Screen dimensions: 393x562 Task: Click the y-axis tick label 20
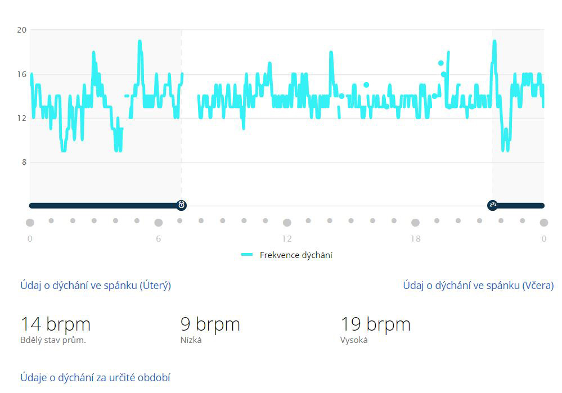point(21,30)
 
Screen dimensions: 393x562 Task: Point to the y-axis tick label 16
point(21,74)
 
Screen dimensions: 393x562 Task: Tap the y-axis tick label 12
point(21,118)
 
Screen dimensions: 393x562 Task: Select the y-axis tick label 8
point(24,162)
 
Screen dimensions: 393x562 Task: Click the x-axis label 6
point(159,239)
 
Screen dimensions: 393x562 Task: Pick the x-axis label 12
point(287,239)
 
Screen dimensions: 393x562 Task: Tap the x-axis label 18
point(415,239)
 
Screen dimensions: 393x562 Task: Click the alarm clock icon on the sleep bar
point(182,205)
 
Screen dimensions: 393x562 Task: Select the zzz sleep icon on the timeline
point(493,205)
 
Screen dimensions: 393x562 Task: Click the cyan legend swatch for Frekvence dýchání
point(247,255)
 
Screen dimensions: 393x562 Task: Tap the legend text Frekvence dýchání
point(296,255)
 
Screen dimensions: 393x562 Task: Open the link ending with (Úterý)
point(96,285)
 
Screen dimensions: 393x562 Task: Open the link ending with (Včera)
point(478,285)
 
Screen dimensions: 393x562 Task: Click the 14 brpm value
point(56,324)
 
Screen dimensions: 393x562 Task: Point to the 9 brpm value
point(210,324)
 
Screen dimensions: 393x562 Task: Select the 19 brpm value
point(375,324)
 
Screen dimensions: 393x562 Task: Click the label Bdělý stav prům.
point(53,340)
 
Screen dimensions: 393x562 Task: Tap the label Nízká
point(191,340)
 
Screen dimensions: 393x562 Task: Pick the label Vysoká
point(354,340)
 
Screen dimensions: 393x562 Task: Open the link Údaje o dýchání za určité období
point(95,377)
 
